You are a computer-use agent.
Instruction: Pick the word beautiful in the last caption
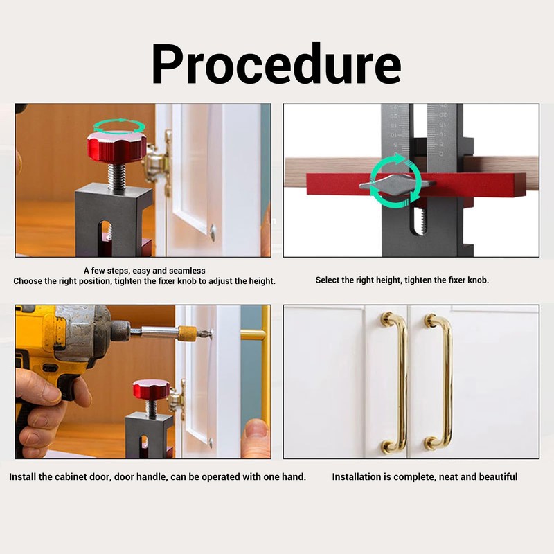tap(495, 477)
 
